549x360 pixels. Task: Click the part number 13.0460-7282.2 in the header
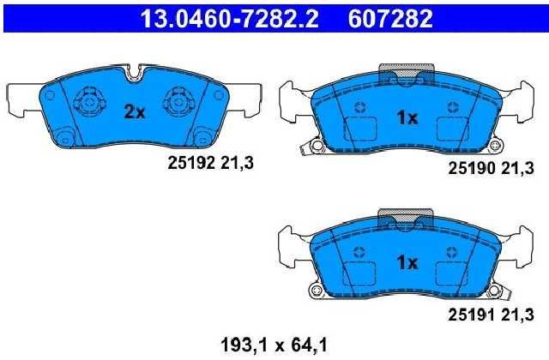(229, 19)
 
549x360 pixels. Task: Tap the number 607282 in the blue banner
(390, 19)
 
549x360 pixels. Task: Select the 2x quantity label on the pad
(135, 112)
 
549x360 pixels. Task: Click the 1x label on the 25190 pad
(407, 118)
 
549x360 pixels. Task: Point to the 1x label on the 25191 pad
(407, 262)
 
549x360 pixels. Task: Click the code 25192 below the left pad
(191, 163)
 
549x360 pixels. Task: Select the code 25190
(472, 169)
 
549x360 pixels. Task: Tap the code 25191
(472, 315)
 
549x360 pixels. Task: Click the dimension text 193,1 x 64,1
(274, 345)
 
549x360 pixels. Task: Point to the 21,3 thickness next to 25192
(237, 163)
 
